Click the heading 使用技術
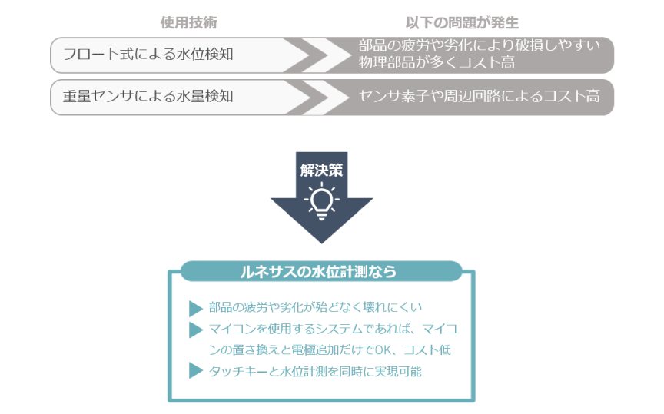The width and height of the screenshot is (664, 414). click(x=183, y=22)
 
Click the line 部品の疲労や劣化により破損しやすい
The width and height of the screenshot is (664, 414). click(x=480, y=46)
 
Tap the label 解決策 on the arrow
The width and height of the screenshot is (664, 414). click(x=321, y=170)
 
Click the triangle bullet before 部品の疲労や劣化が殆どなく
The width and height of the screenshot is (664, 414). click(x=195, y=309)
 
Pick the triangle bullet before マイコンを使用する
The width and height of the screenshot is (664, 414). click(x=195, y=330)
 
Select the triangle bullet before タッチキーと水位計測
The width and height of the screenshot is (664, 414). click(x=195, y=372)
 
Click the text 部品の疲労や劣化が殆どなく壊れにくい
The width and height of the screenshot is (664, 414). click(x=316, y=308)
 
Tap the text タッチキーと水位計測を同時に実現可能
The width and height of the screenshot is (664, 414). click(x=315, y=371)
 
